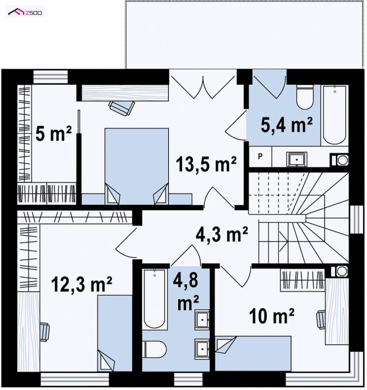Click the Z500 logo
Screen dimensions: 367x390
(x=25, y=12)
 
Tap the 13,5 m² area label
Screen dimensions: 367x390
(x=206, y=164)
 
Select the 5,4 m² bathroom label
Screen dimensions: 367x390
(x=286, y=125)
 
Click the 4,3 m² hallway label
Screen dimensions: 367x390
(x=222, y=234)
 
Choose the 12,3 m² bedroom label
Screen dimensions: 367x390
(x=82, y=285)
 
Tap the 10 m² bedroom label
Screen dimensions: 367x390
(x=272, y=316)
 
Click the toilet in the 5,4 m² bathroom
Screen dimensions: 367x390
(x=305, y=97)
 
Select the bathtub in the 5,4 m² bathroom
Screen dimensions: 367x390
(x=335, y=115)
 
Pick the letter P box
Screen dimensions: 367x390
(x=260, y=157)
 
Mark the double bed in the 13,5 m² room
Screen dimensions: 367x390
(x=137, y=166)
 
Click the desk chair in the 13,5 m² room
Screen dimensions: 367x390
(x=122, y=108)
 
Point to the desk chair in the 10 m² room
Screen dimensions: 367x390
(x=321, y=319)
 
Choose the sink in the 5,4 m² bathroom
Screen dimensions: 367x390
(x=297, y=159)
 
